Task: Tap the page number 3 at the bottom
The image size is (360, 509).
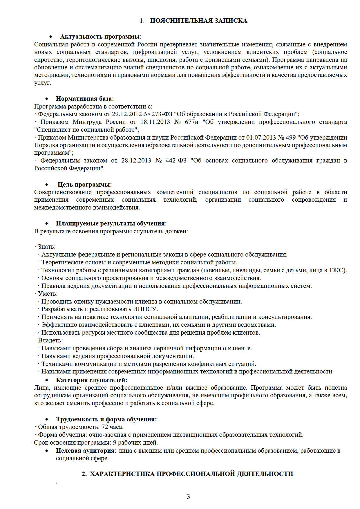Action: point(188,497)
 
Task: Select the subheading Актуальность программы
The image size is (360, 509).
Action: point(101,37)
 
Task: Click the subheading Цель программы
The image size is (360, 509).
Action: point(84,185)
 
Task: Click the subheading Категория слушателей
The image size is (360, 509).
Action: point(91,380)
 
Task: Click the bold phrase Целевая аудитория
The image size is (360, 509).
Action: point(86,451)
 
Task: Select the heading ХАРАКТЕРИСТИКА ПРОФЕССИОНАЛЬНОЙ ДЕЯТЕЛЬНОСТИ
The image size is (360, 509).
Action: point(191,474)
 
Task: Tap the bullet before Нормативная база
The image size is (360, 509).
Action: point(47,99)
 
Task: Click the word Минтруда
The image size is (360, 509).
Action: point(87,122)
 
